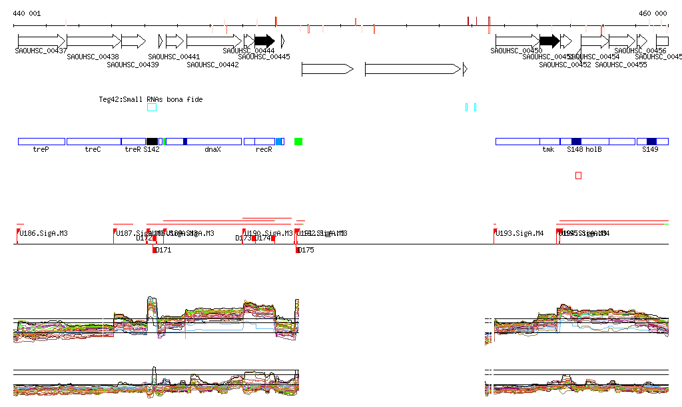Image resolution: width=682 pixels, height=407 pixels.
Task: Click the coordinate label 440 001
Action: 27,13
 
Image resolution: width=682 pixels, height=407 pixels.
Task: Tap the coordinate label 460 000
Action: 653,13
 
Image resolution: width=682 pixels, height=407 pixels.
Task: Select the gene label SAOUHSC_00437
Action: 41,51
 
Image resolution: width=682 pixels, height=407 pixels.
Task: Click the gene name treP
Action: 41,150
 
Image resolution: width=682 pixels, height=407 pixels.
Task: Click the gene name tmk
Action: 548,150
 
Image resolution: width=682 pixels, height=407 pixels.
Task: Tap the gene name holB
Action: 593,150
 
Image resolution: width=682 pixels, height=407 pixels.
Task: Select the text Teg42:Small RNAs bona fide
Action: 151,99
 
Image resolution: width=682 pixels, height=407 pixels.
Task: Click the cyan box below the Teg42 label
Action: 152,107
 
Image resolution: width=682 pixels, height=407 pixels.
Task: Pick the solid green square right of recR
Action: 298,141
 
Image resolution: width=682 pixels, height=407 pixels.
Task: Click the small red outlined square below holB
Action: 578,175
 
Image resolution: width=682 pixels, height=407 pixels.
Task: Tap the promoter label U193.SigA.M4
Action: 520,234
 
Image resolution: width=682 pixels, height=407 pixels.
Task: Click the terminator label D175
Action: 306,250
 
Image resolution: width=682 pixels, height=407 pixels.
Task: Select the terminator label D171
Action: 163,250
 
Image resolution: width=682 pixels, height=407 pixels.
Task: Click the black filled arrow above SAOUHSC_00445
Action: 264,41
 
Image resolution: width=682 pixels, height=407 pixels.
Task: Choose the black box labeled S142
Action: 152,141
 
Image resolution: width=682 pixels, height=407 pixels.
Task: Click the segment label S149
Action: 650,150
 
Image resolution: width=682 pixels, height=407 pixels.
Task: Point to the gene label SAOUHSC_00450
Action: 516,51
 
